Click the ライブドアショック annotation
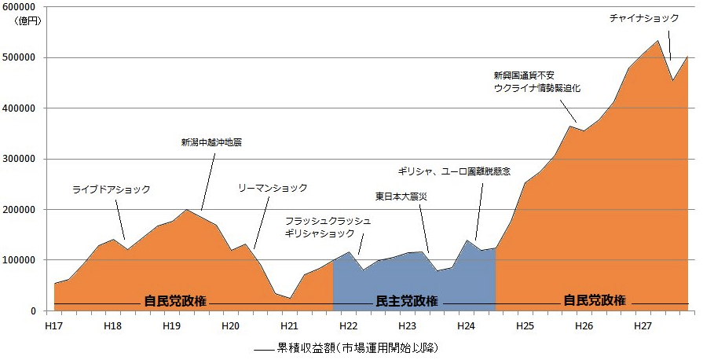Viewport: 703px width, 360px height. coord(111,189)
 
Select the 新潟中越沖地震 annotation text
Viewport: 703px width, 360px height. coord(211,143)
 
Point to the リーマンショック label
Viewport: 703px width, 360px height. coord(273,189)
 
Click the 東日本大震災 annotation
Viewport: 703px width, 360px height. coord(401,196)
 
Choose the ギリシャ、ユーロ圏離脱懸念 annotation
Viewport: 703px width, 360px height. coord(454,171)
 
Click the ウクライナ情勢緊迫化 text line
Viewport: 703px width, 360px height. coord(536,89)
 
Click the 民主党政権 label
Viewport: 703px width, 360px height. coord(407,301)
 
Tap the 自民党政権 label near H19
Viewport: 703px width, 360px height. coord(175,301)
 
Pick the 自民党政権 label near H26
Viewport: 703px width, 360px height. coord(595,301)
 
